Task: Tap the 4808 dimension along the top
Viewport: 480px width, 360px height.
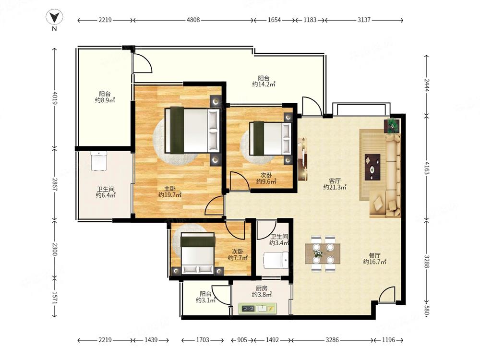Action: pos(193,20)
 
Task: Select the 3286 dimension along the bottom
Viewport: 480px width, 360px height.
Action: pos(332,340)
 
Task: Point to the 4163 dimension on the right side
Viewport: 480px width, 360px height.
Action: pos(427,168)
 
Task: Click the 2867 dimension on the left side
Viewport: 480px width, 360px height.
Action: pos(54,185)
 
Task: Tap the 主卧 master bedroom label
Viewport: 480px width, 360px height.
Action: pos(170,189)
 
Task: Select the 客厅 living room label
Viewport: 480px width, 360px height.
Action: pos(335,181)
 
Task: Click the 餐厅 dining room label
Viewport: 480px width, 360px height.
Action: pos(374,255)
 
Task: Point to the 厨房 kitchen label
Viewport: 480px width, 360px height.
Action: pos(262,288)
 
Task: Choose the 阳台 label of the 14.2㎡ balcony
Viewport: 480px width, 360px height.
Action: pos(264,78)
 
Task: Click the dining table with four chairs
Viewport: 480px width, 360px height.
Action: pos(323,254)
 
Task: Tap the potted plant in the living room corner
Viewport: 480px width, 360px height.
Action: pos(392,125)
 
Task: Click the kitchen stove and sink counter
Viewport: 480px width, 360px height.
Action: pos(257,309)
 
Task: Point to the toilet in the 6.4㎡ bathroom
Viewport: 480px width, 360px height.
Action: pos(98,161)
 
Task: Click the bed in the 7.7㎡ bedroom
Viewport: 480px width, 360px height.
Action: pos(197,254)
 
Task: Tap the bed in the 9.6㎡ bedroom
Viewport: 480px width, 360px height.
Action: pos(270,138)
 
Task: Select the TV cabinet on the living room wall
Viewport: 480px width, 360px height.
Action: pos(302,159)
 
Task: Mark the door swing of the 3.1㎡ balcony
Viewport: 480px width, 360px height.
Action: pos(221,295)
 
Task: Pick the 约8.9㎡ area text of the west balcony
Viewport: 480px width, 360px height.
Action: pos(105,100)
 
